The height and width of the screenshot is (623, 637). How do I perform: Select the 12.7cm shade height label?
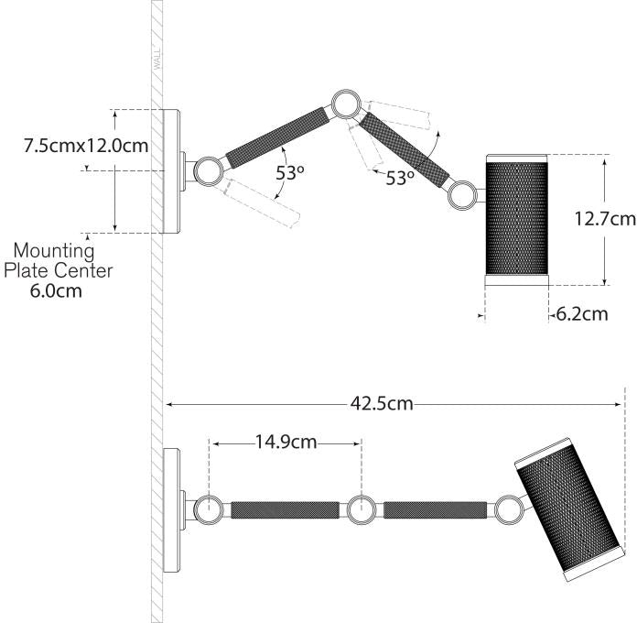[x=604, y=219]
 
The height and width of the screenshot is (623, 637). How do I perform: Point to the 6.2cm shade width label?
[x=580, y=314]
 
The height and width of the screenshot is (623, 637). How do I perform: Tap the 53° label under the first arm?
[x=291, y=172]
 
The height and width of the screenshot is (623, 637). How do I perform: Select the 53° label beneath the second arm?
[x=400, y=179]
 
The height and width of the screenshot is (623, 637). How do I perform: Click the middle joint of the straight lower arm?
[x=361, y=508]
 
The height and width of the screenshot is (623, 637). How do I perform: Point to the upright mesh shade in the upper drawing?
[x=515, y=216]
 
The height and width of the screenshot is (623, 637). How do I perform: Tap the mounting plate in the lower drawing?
[x=171, y=508]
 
